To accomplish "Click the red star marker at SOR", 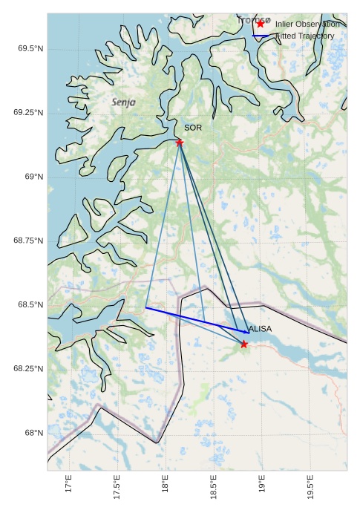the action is click(180, 142).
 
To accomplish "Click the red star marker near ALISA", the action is click(244, 344).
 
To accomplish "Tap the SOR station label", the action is click(193, 128).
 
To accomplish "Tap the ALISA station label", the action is click(260, 329).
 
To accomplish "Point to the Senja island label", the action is click(124, 102).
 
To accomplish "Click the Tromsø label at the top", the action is click(254, 20).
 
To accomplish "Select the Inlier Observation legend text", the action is click(307, 24).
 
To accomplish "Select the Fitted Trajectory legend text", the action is click(305, 36).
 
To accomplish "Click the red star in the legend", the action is click(260, 24).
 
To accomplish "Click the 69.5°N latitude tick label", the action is click(30, 49).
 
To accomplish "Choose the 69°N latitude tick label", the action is click(33, 177).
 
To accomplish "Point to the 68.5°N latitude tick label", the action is click(30, 305).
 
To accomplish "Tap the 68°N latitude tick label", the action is click(33, 433).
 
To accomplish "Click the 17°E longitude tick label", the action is click(68, 486).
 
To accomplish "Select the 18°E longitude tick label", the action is click(165, 486).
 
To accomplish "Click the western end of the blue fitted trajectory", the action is click(145, 307).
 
